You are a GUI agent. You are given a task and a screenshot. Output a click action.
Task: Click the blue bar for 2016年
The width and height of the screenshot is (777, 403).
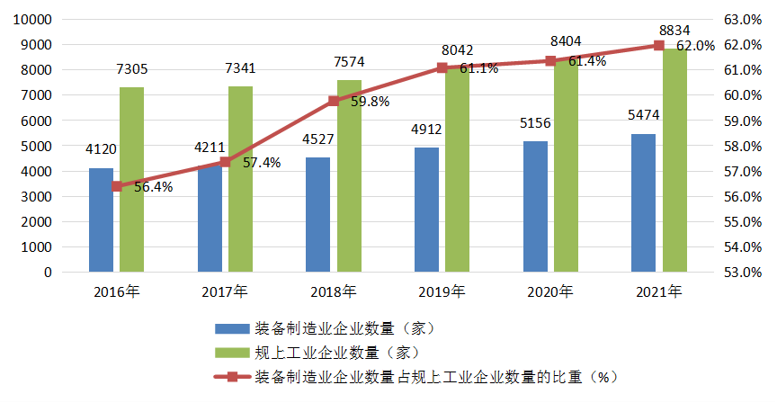(102, 219)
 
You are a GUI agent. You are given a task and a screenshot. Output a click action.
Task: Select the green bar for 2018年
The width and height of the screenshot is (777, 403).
(349, 175)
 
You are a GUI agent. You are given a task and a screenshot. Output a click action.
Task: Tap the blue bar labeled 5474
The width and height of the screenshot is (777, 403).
(643, 202)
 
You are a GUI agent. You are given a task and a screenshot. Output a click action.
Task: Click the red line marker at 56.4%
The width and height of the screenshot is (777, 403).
(117, 186)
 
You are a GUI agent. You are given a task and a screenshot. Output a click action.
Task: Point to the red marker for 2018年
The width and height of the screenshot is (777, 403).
(334, 101)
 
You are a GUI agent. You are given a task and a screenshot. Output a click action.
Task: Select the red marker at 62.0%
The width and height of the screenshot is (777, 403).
(658, 45)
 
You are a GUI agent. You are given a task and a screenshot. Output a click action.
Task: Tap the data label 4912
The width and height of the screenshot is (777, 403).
(426, 130)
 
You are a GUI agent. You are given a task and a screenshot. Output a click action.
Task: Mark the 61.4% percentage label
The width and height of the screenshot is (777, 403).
(585, 61)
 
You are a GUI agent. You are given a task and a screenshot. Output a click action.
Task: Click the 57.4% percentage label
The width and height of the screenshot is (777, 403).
(262, 163)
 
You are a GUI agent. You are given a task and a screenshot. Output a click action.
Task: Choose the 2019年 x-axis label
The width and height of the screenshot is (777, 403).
(442, 291)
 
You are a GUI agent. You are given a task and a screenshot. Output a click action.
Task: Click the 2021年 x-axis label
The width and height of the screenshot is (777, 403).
(658, 291)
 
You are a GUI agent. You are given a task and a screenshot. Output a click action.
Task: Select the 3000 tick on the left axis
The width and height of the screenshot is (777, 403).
(38, 196)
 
